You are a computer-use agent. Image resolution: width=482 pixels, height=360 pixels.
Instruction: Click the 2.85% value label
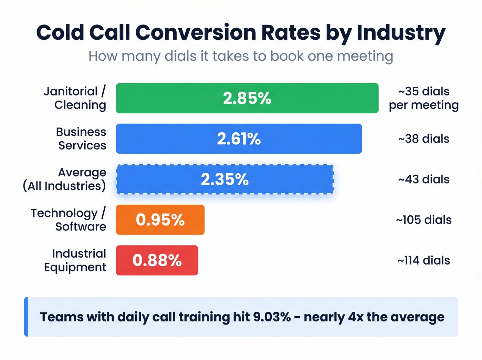point(247,98)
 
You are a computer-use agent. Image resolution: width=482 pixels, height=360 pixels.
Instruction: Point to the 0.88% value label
point(157,260)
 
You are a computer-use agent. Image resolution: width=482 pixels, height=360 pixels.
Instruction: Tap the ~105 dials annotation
point(423,220)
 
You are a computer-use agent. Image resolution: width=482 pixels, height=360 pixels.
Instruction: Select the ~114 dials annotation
point(423,260)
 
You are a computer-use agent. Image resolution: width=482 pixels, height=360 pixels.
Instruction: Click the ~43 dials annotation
point(423,179)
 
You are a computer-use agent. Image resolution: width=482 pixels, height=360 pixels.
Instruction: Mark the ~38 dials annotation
point(423,139)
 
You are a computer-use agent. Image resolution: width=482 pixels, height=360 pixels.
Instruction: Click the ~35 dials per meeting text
point(423,98)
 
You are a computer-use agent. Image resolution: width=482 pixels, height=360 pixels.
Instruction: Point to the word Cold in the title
point(60,33)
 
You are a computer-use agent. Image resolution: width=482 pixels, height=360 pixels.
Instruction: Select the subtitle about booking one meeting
point(241,56)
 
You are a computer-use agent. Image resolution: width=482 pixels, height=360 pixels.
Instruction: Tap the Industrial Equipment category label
point(75,260)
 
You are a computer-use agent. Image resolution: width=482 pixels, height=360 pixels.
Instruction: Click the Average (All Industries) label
point(65,179)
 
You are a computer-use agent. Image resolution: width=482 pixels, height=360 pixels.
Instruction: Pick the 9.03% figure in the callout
point(272,317)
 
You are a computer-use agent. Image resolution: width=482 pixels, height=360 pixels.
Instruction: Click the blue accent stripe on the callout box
point(26,317)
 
